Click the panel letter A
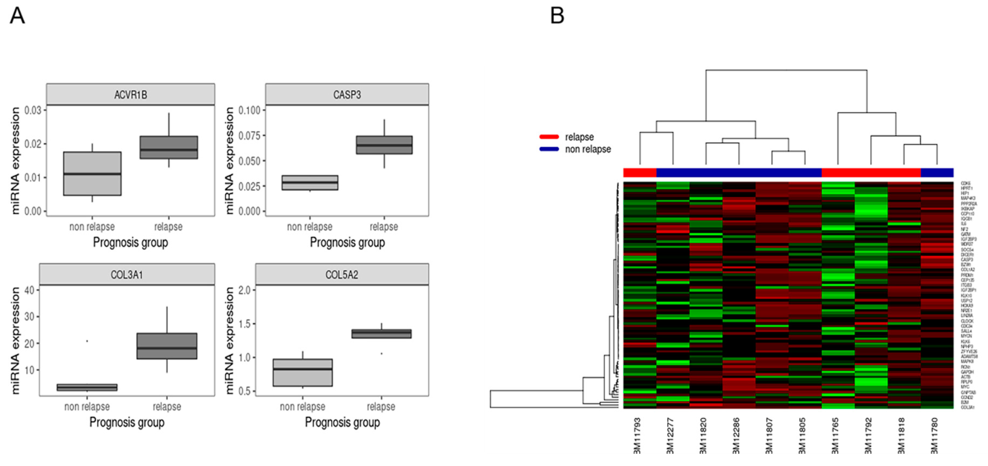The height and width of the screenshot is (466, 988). [x=17, y=16]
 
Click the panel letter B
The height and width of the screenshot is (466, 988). [x=557, y=16]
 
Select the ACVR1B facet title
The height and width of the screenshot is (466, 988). [x=130, y=95]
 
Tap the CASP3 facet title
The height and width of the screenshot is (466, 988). [x=347, y=95]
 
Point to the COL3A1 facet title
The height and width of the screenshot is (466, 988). [x=127, y=275]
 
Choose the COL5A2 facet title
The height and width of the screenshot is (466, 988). [x=342, y=275]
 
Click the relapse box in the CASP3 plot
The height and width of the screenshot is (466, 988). [x=384, y=145]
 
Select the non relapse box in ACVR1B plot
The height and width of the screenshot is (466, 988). [x=93, y=174]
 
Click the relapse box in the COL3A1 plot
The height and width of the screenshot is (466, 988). [x=167, y=346]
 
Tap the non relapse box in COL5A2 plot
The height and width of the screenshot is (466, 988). [x=303, y=372]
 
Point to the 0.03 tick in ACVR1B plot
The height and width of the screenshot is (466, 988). [x=33, y=110]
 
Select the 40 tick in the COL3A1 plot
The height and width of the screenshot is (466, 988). [x=29, y=290]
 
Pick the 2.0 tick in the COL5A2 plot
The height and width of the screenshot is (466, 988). [x=244, y=290]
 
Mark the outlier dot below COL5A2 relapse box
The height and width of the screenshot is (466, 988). [x=381, y=353]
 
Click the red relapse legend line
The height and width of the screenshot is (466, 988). [x=549, y=137]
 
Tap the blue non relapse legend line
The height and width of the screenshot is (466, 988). [x=549, y=149]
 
